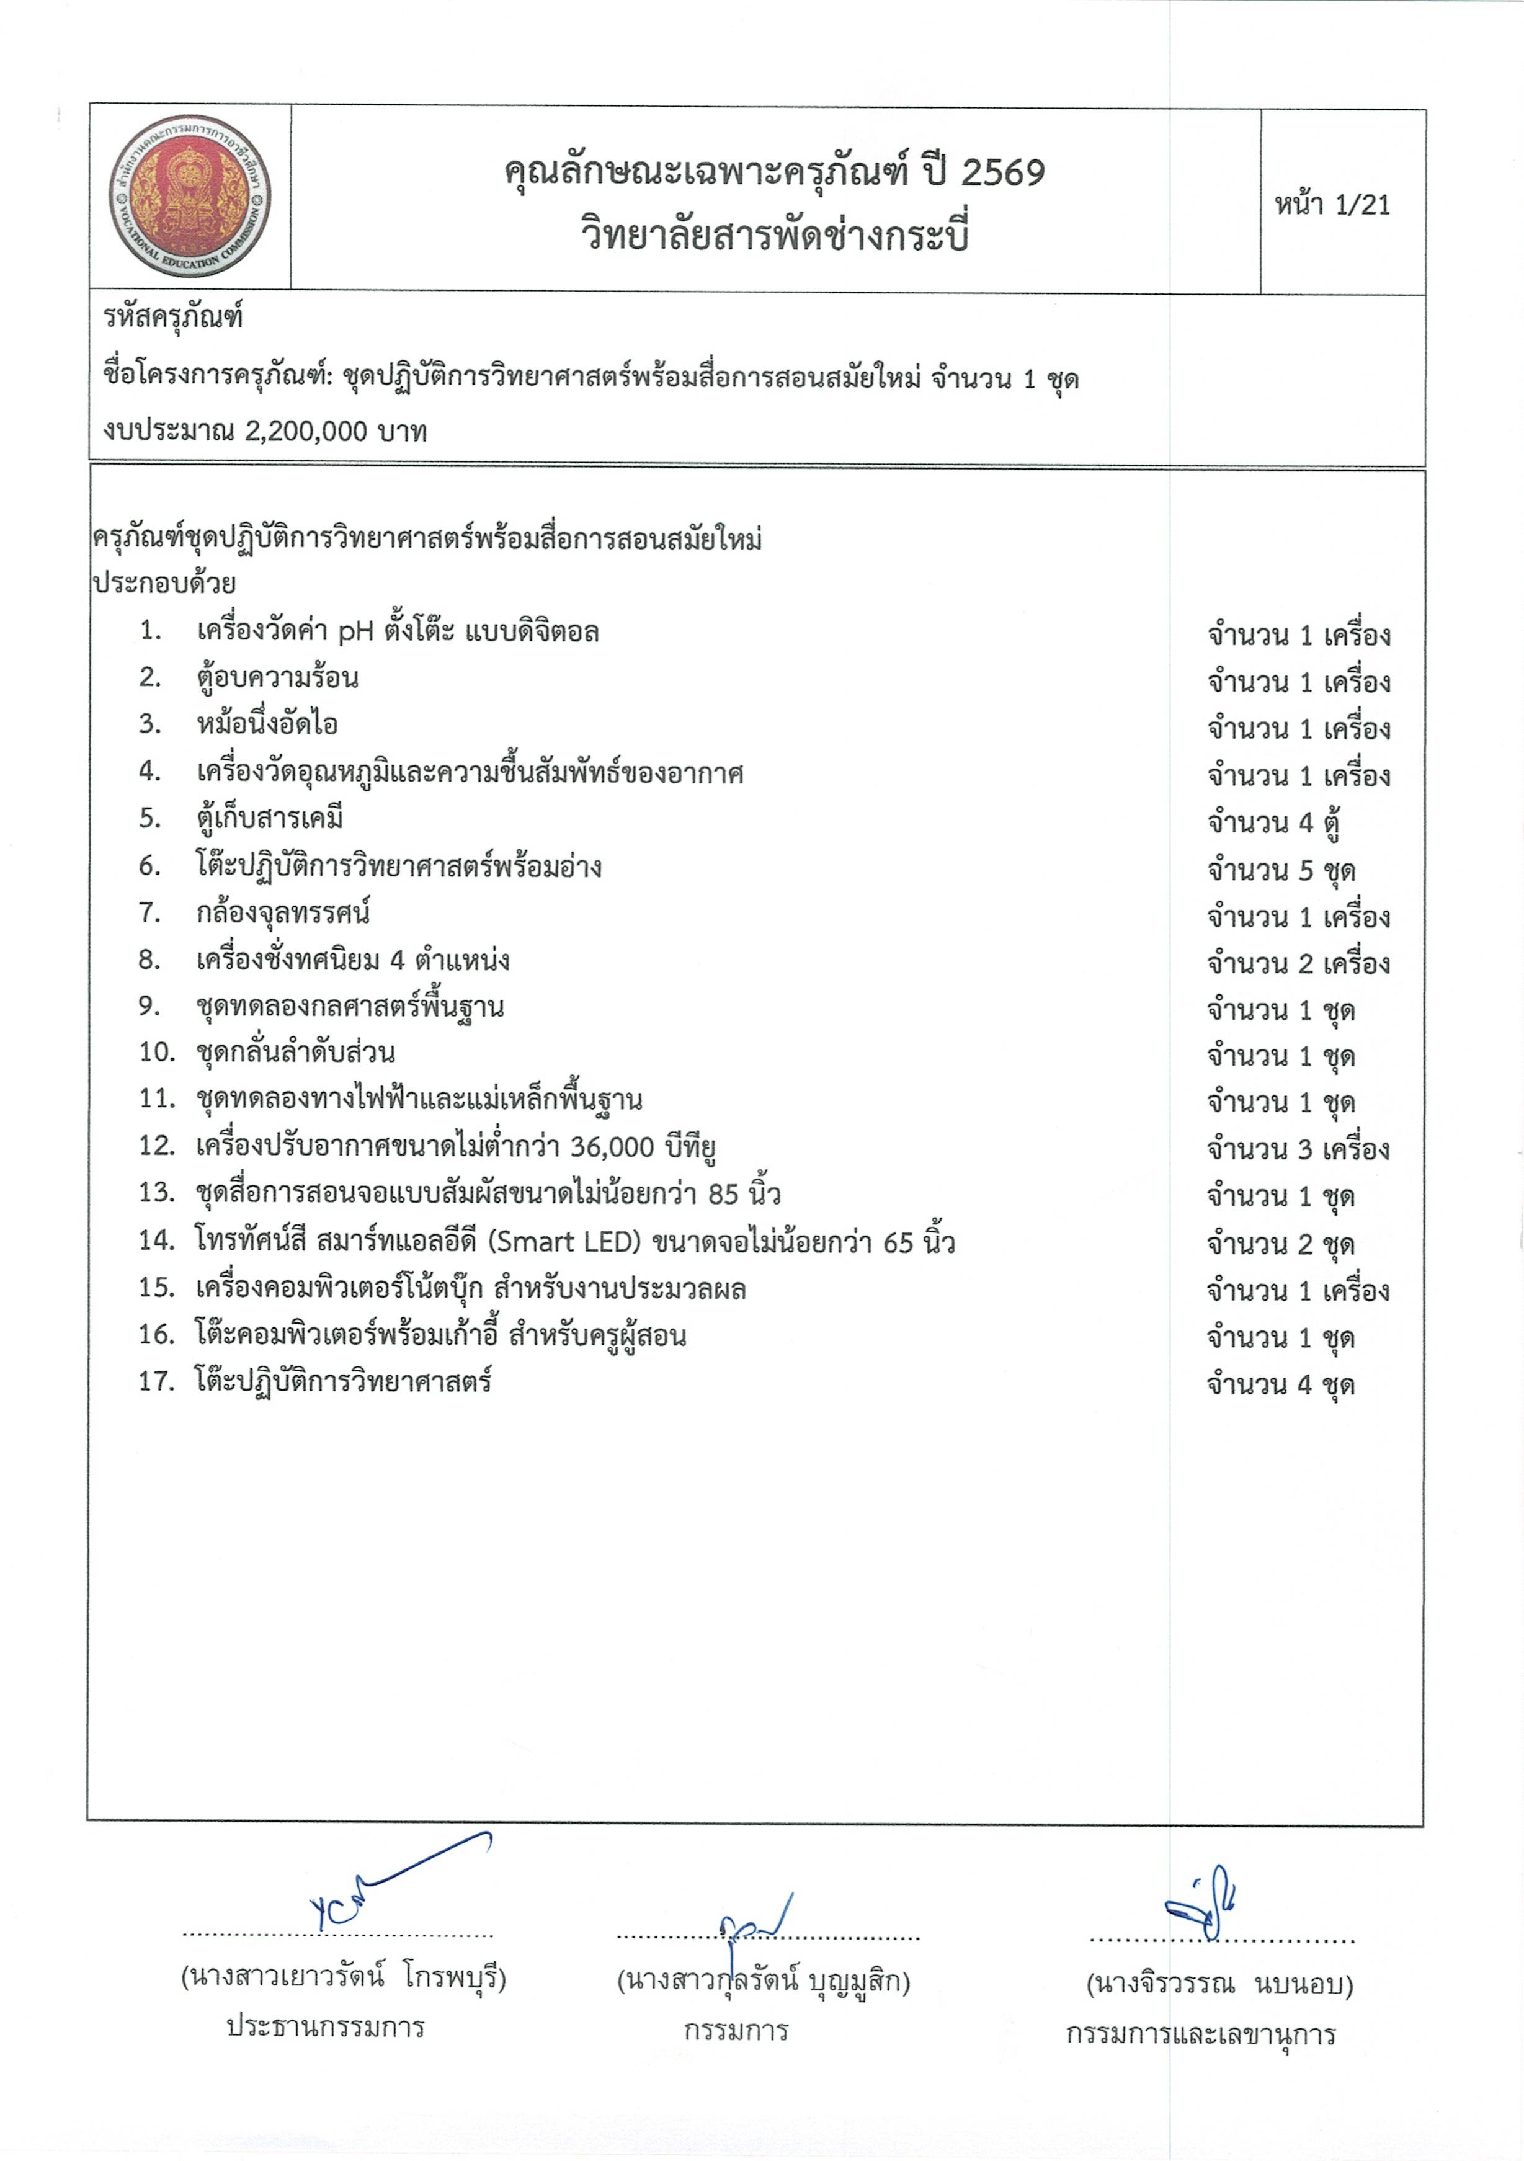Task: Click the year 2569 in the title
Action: [x=1004, y=173]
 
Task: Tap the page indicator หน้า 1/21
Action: [x=1332, y=204]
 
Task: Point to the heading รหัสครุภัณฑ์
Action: [x=173, y=317]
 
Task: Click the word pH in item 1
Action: [x=356, y=631]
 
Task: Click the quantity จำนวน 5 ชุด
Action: [x=1281, y=870]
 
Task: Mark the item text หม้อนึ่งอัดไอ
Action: [x=267, y=724]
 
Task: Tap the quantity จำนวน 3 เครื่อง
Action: [x=1298, y=1149]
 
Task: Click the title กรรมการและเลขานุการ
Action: [x=1200, y=2035]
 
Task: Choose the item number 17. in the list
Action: [x=156, y=1381]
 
